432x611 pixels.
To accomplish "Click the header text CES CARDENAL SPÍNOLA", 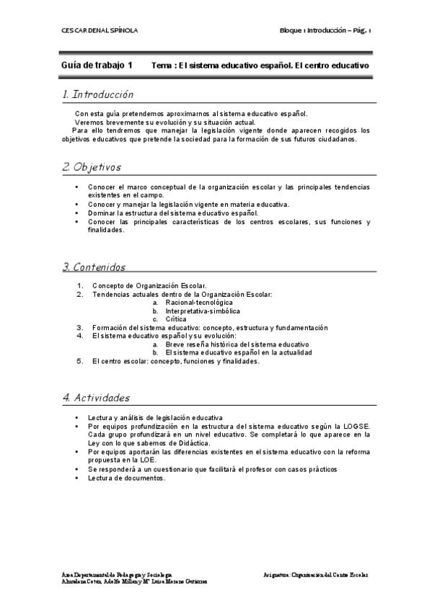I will pos(98,30).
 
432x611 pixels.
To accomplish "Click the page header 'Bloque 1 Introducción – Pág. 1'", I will pos(325,30).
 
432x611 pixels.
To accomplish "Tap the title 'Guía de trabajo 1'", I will pos(97,65).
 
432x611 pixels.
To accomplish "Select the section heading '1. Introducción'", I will pos(98,94).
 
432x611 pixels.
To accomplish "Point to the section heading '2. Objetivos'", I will pos(92,167).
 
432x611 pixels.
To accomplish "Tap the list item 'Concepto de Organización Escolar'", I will pos(150,286).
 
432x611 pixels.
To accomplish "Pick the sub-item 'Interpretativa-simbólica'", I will pos(203,311).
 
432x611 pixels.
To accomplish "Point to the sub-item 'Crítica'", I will pos(177,319).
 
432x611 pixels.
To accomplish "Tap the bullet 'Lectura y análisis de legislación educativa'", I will pos(155,418).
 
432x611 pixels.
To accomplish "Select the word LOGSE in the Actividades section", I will pos(356,426).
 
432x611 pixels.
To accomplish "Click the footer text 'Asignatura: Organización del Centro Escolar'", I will pos(316,574).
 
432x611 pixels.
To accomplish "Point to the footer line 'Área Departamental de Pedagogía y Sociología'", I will pos(117,574).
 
